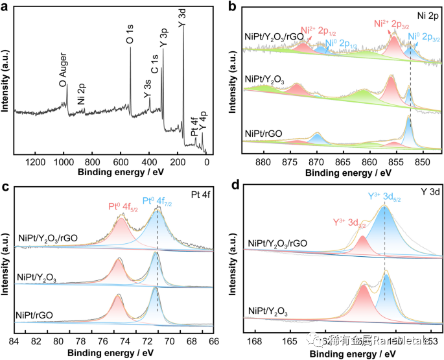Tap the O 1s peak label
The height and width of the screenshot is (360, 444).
pyautogui.click(x=130, y=36)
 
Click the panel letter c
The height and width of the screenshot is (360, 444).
pyautogui.click(x=6, y=186)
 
